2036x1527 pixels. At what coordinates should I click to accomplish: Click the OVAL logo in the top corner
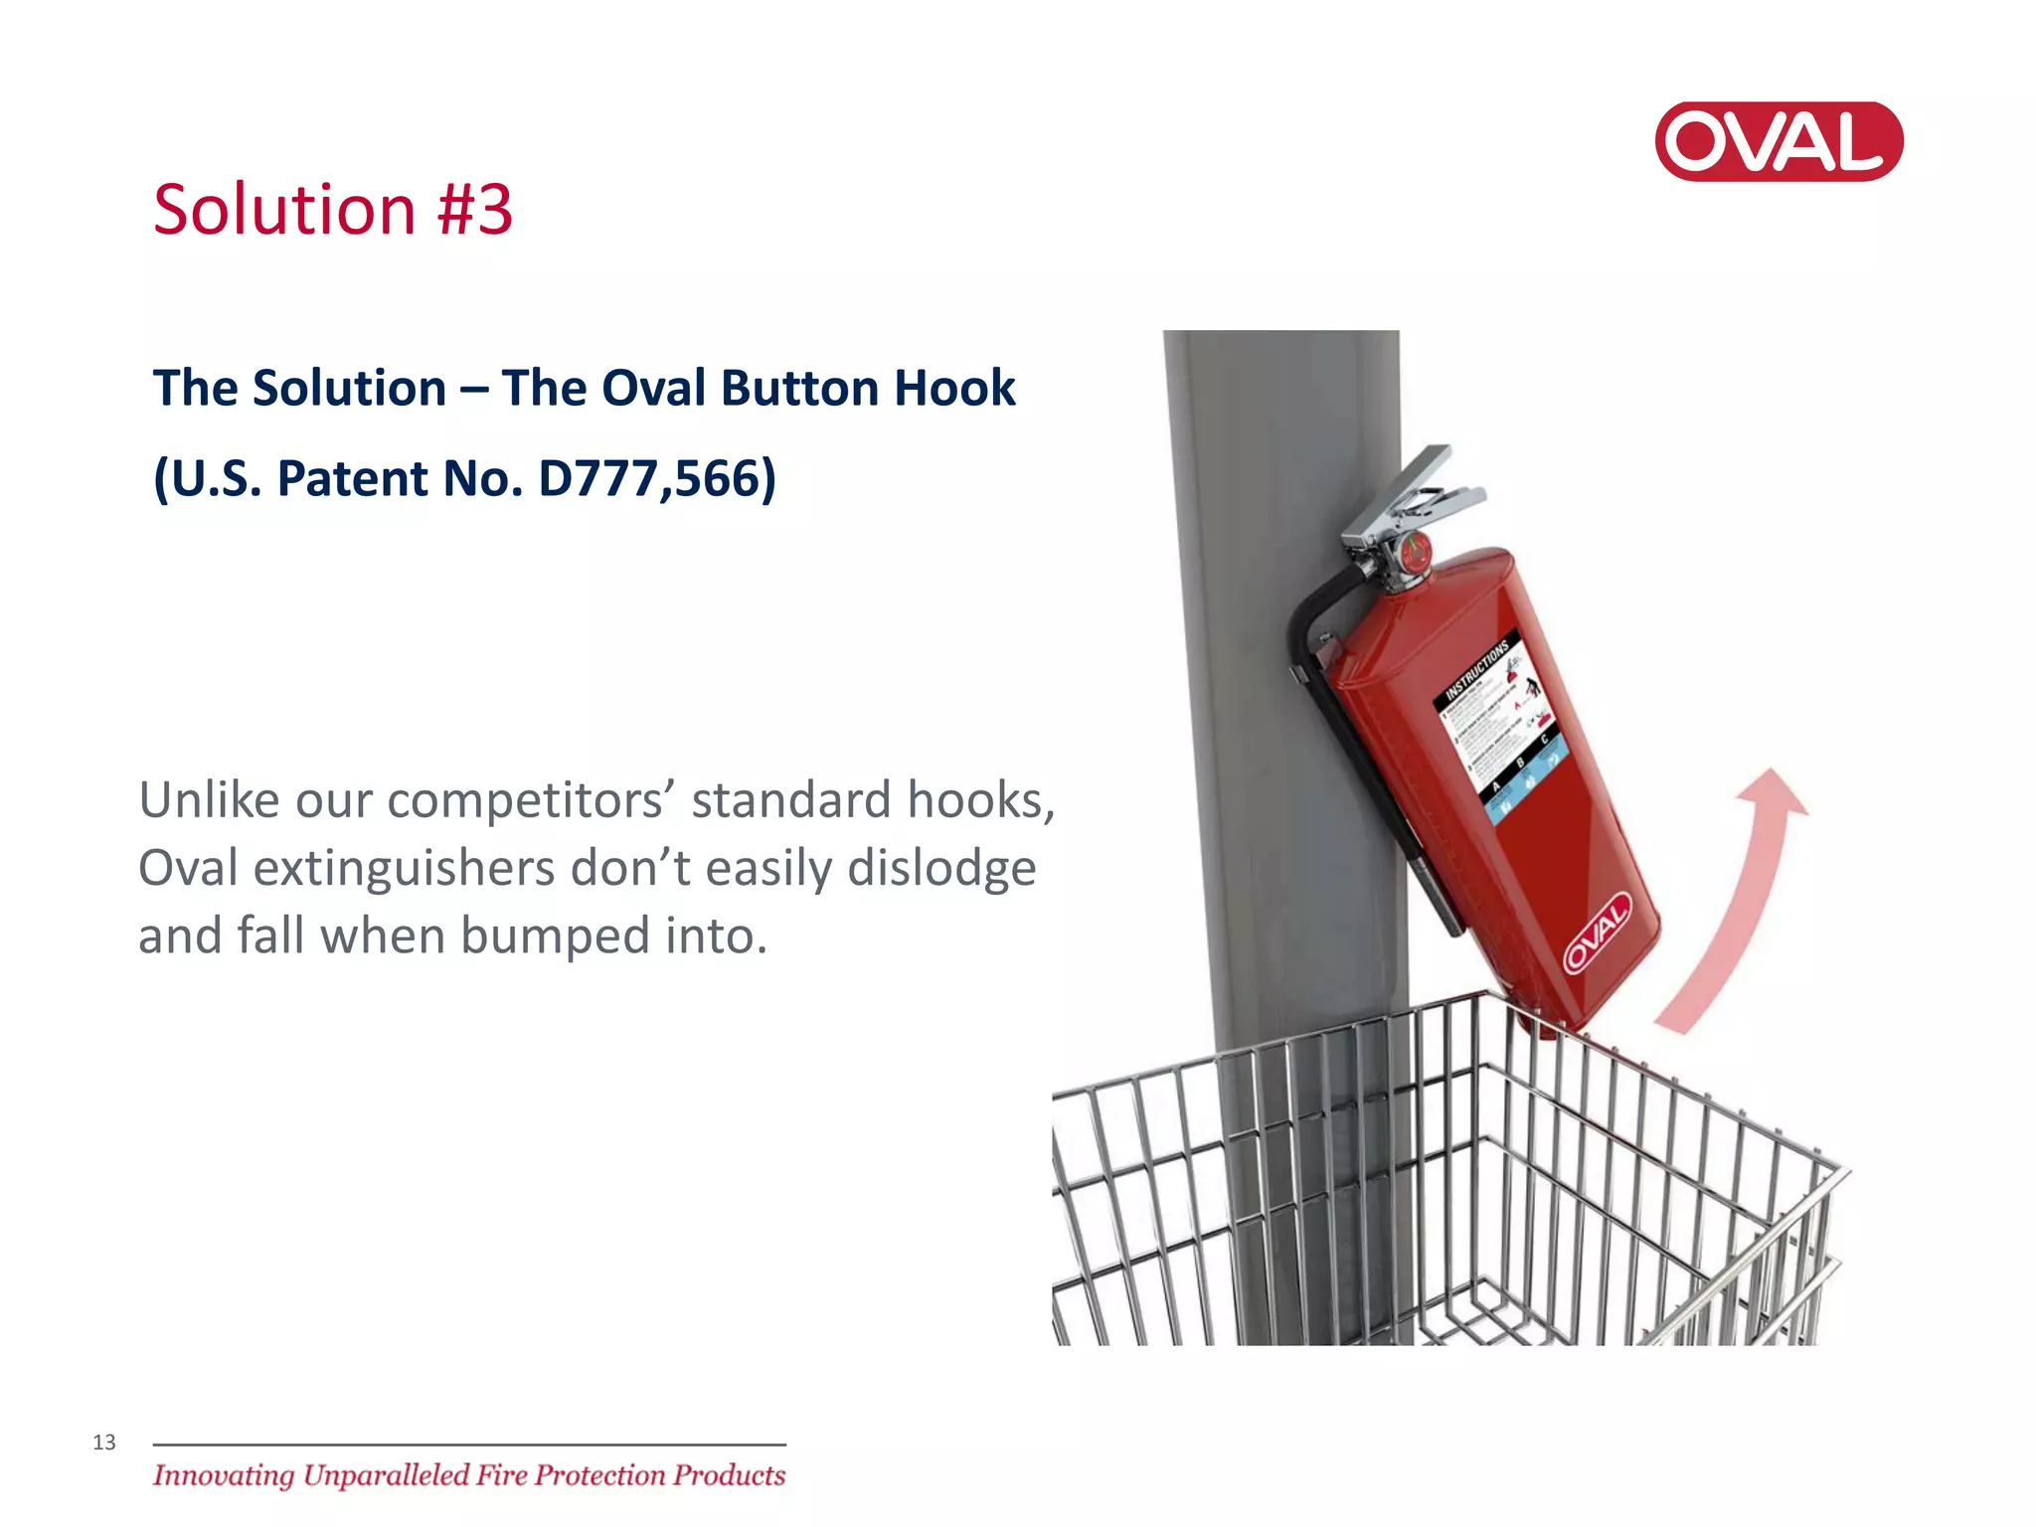click(1778, 141)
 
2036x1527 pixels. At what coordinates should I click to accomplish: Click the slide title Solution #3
click(333, 210)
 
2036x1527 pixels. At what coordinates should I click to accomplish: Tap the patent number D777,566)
click(656, 478)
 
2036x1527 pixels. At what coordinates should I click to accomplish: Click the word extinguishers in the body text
click(404, 869)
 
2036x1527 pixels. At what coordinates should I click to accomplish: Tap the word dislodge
click(940, 869)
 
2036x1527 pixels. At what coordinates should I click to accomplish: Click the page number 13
click(104, 1442)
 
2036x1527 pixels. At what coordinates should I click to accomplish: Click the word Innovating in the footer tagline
click(224, 1475)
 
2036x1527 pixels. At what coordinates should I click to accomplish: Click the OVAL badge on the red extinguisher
click(1597, 933)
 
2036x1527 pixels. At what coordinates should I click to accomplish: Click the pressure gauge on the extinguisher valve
click(1415, 550)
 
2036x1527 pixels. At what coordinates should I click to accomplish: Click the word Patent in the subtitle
click(353, 478)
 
